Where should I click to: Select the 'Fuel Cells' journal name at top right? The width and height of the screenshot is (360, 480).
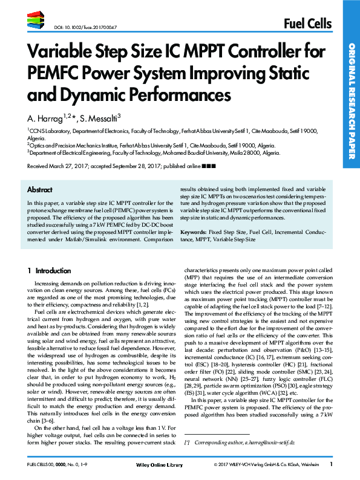[x=307, y=24]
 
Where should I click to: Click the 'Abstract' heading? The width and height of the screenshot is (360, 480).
[x=40, y=189]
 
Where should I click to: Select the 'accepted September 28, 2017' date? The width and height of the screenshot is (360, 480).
[x=134, y=165]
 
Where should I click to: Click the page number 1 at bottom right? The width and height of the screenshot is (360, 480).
[x=332, y=464]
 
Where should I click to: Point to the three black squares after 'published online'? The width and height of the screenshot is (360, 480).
[x=208, y=165]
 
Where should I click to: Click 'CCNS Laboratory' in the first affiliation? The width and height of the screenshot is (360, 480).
[x=46, y=131]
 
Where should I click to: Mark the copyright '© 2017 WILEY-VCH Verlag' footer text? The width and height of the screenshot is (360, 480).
[x=248, y=464]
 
